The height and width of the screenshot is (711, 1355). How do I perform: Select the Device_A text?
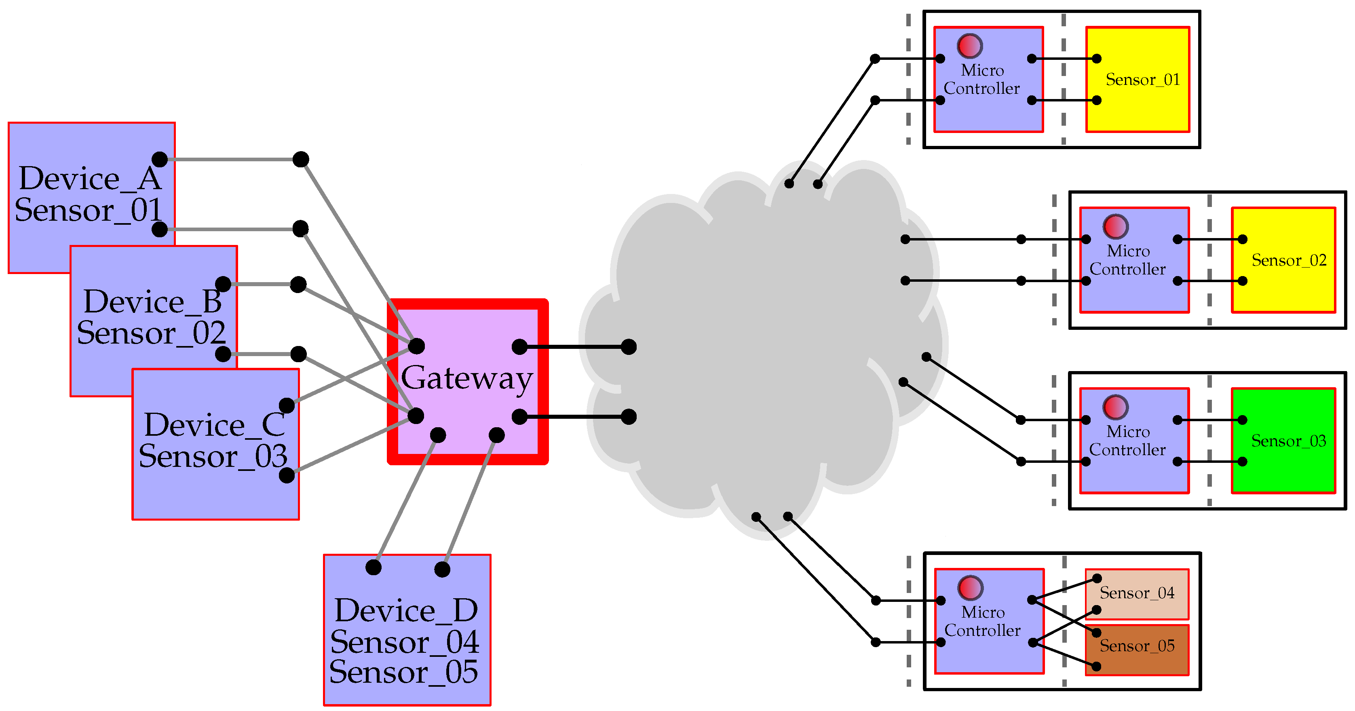point(89,179)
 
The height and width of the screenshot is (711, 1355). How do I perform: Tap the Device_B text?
point(152,302)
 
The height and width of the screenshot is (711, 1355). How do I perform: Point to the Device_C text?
point(214,425)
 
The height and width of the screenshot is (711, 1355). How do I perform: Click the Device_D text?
point(406,611)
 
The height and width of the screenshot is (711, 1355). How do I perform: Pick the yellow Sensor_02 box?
point(1283,260)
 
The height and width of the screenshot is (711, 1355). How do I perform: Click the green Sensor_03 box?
point(1283,441)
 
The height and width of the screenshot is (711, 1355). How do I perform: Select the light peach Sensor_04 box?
point(1137,593)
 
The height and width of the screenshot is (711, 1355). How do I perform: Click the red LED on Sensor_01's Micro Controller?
point(969,46)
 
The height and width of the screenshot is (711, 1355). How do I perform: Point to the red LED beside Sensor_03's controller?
point(1115,407)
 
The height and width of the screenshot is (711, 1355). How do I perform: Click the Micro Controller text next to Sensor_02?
point(1127,260)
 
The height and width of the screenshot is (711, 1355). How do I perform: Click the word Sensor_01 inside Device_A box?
point(88,210)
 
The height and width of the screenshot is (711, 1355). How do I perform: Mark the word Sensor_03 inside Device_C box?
point(213,456)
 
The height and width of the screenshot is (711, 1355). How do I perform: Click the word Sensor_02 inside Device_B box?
point(151,333)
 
